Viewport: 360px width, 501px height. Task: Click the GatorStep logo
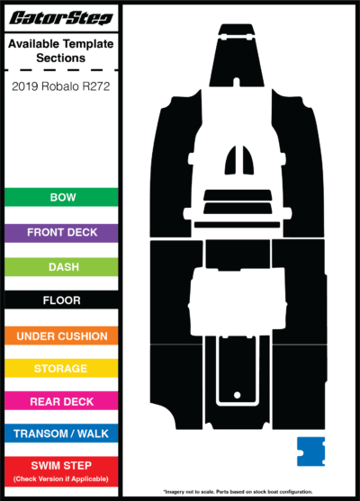pyautogui.click(x=61, y=18)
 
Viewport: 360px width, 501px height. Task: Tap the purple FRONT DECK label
pyautogui.click(x=61, y=233)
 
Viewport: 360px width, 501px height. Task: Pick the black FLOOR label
pyautogui.click(x=61, y=300)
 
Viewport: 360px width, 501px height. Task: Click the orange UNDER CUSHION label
pyautogui.click(x=61, y=335)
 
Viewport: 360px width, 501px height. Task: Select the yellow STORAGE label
pyautogui.click(x=61, y=369)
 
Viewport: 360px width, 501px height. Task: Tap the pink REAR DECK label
pyautogui.click(x=61, y=401)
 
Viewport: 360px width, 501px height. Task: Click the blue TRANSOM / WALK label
pyautogui.click(x=61, y=434)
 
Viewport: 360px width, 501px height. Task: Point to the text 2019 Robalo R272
pyautogui.click(x=60, y=86)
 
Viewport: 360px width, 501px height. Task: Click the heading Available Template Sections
pyautogui.click(x=60, y=50)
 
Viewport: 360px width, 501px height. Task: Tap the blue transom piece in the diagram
pyautogui.click(x=310, y=452)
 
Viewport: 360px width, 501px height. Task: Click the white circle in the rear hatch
pyautogui.click(x=238, y=395)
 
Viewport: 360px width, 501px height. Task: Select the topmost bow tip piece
pyautogui.click(x=237, y=30)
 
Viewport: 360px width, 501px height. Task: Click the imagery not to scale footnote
pyautogui.click(x=238, y=492)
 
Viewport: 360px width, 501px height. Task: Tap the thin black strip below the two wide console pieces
pyautogui.click(x=237, y=225)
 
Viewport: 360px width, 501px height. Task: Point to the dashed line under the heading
pyautogui.click(x=61, y=69)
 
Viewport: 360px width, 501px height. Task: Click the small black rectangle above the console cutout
pyautogui.click(x=238, y=255)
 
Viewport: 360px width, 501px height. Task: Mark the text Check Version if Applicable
pyautogui.click(x=60, y=479)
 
